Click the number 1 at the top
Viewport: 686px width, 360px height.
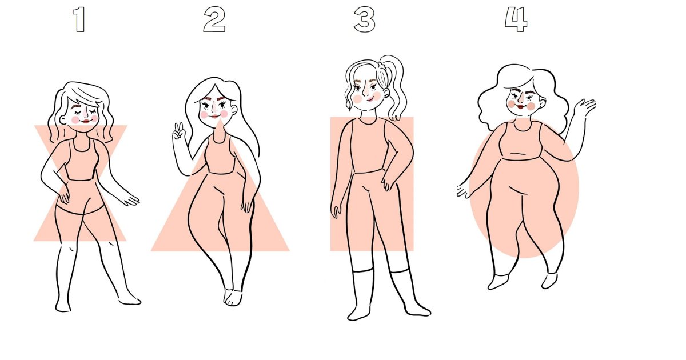click(79, 20)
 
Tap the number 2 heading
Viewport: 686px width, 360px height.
click(214, 20)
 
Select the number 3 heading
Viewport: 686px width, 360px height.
click(365, 20)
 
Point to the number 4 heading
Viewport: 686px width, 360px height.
click(516, 20)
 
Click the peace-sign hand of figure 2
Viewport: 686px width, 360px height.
click(178, 131)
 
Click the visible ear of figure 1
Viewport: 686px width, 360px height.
click(63, 119)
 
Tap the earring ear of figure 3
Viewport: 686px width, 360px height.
click(386, 92)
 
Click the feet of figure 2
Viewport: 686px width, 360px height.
click(233, 298)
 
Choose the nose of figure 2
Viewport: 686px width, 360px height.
click(214, 108)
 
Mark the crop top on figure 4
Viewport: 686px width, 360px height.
click(521, 141)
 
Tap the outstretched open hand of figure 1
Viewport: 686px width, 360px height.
click(131, 201)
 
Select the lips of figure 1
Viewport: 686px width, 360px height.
click(86, 121)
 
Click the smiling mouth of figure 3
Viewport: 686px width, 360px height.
click(371, 98)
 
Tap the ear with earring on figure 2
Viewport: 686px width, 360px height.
click(234, 110)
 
